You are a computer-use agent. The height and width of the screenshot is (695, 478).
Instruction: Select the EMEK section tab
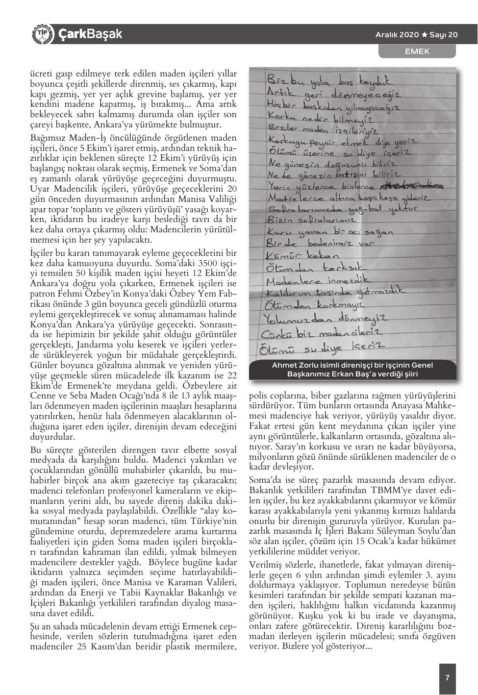click(x=417, y=51)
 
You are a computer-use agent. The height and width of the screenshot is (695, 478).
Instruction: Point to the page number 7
click(x=447, y=678)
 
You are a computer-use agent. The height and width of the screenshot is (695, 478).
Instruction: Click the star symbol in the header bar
click(x=424, y=35)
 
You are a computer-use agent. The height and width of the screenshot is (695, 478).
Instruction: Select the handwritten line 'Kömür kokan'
click(x=302, y=255)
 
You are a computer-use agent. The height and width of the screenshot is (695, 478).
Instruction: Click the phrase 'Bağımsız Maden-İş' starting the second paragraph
click(x=65, y=138)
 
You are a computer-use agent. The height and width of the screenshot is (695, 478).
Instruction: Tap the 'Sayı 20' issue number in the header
click(x=444, y=35)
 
